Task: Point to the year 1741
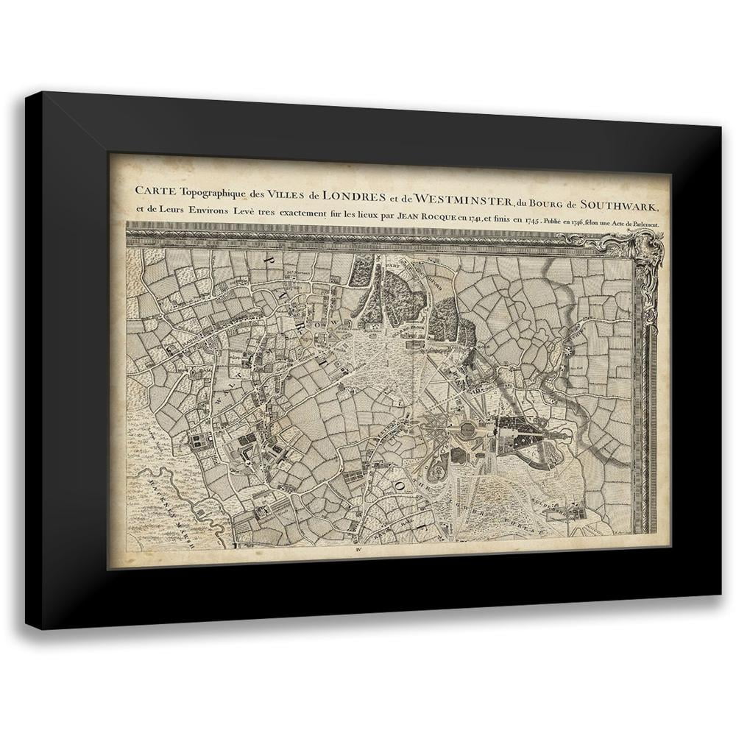coord(469,219)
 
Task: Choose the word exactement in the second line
coord(302,213)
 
